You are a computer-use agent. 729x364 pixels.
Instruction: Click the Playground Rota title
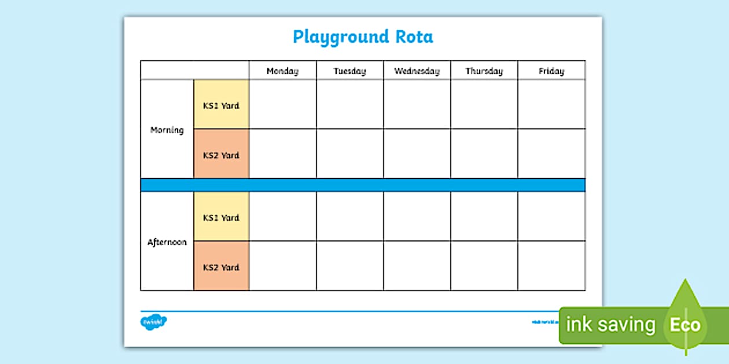coord(363,37)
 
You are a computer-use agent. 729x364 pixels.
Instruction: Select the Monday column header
coord(282,71)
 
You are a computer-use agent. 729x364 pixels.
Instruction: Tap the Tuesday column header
coord(349,71)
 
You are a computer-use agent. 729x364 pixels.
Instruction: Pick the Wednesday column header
coord(417,71)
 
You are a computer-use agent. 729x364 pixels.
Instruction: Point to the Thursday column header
coord(484,71)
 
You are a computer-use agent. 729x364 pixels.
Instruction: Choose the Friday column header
coord(551,71)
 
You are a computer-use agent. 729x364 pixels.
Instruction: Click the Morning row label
coord(167,130)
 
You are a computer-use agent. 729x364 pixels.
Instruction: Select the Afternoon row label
coord(167,242)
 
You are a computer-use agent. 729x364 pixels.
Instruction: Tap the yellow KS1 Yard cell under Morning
coord(221,105)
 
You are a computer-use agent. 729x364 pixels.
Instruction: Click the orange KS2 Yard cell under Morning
coord(221,154)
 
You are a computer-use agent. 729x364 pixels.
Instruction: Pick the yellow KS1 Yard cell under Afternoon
coord(221,217)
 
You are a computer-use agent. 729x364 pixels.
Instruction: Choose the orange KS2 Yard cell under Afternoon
coord(221,267)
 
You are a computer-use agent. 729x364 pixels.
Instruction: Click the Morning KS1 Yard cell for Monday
coord(282,105)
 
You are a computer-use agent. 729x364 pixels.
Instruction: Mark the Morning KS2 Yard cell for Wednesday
coord(417,154)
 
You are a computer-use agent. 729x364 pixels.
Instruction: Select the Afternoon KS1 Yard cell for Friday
coord(551,217)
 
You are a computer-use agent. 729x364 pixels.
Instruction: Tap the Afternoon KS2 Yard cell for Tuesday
coord(349,266)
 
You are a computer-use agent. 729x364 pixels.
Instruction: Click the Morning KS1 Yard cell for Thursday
coord(484,105)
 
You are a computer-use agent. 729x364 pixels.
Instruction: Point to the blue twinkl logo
coord(153,321)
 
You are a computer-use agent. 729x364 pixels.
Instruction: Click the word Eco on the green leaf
coord(685,325)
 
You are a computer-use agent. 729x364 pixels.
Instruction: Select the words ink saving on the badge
coord(610,325)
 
